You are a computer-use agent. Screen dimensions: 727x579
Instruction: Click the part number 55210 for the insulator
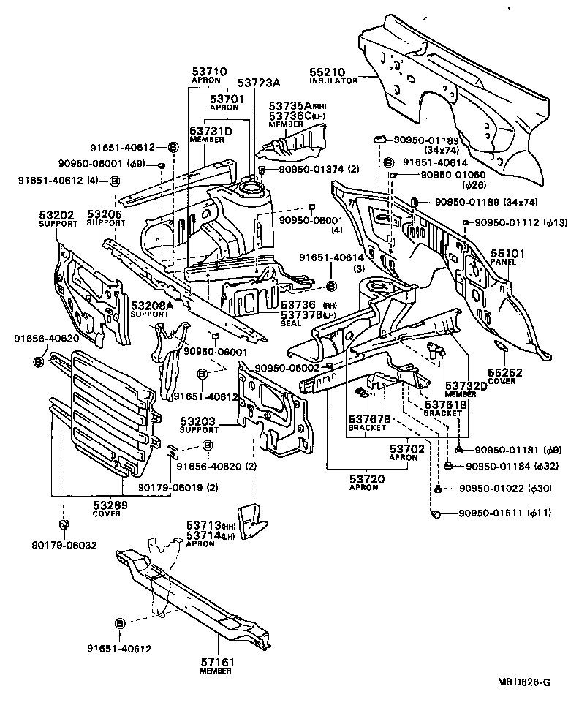pos(325,74)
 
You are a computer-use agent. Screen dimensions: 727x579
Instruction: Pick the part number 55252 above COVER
pos(505,373)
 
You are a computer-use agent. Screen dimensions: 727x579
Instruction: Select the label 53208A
pos(151,306)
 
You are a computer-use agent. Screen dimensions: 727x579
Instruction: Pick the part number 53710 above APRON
pos(209,71)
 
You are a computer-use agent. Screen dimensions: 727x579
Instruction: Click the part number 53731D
pos(211,131)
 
